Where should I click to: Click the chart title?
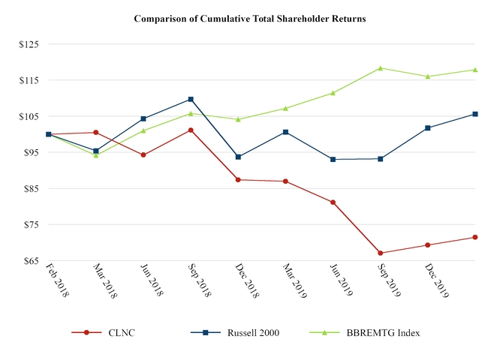(x=250, y=19)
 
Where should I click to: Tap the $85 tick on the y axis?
(x=30, y=188)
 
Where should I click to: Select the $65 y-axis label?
(x=30, y=261)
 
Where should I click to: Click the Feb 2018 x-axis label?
(x=58, y=281)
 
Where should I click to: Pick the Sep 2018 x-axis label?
(x=200, y=281)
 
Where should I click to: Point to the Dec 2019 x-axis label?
(x=438, y=281)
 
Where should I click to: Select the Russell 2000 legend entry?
(x=236, y=332)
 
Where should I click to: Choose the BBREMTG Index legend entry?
(x=375, y=332)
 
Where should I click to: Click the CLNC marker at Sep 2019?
(x=381, y=253)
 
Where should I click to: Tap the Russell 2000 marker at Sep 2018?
(x=191, y=99)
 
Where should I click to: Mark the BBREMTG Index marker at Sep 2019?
(x=381, y=68)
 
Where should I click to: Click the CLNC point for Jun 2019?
(x=333, y=202)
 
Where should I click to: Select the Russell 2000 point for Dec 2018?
(x=238, y=157)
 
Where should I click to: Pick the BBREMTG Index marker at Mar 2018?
(x=96, y=155)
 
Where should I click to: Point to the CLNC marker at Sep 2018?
(x=191, y=130)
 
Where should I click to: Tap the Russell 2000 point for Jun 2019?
(x=333, y=159)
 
